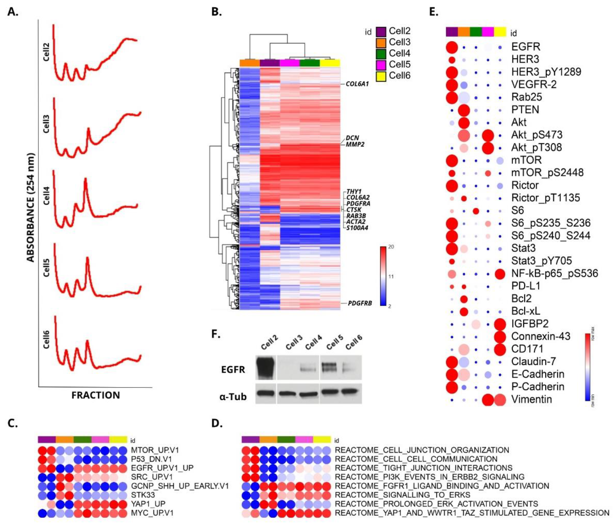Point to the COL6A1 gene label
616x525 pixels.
(357, 84)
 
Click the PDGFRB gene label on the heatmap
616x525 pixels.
(360, 303)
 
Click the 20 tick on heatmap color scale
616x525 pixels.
(391, 247)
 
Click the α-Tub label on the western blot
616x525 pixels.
(233, 397)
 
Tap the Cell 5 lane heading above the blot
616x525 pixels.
(335, 342)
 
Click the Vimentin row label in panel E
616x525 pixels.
(531, 399)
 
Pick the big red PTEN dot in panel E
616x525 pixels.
(464, 110)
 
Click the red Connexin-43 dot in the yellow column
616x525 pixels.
(500, 336)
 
